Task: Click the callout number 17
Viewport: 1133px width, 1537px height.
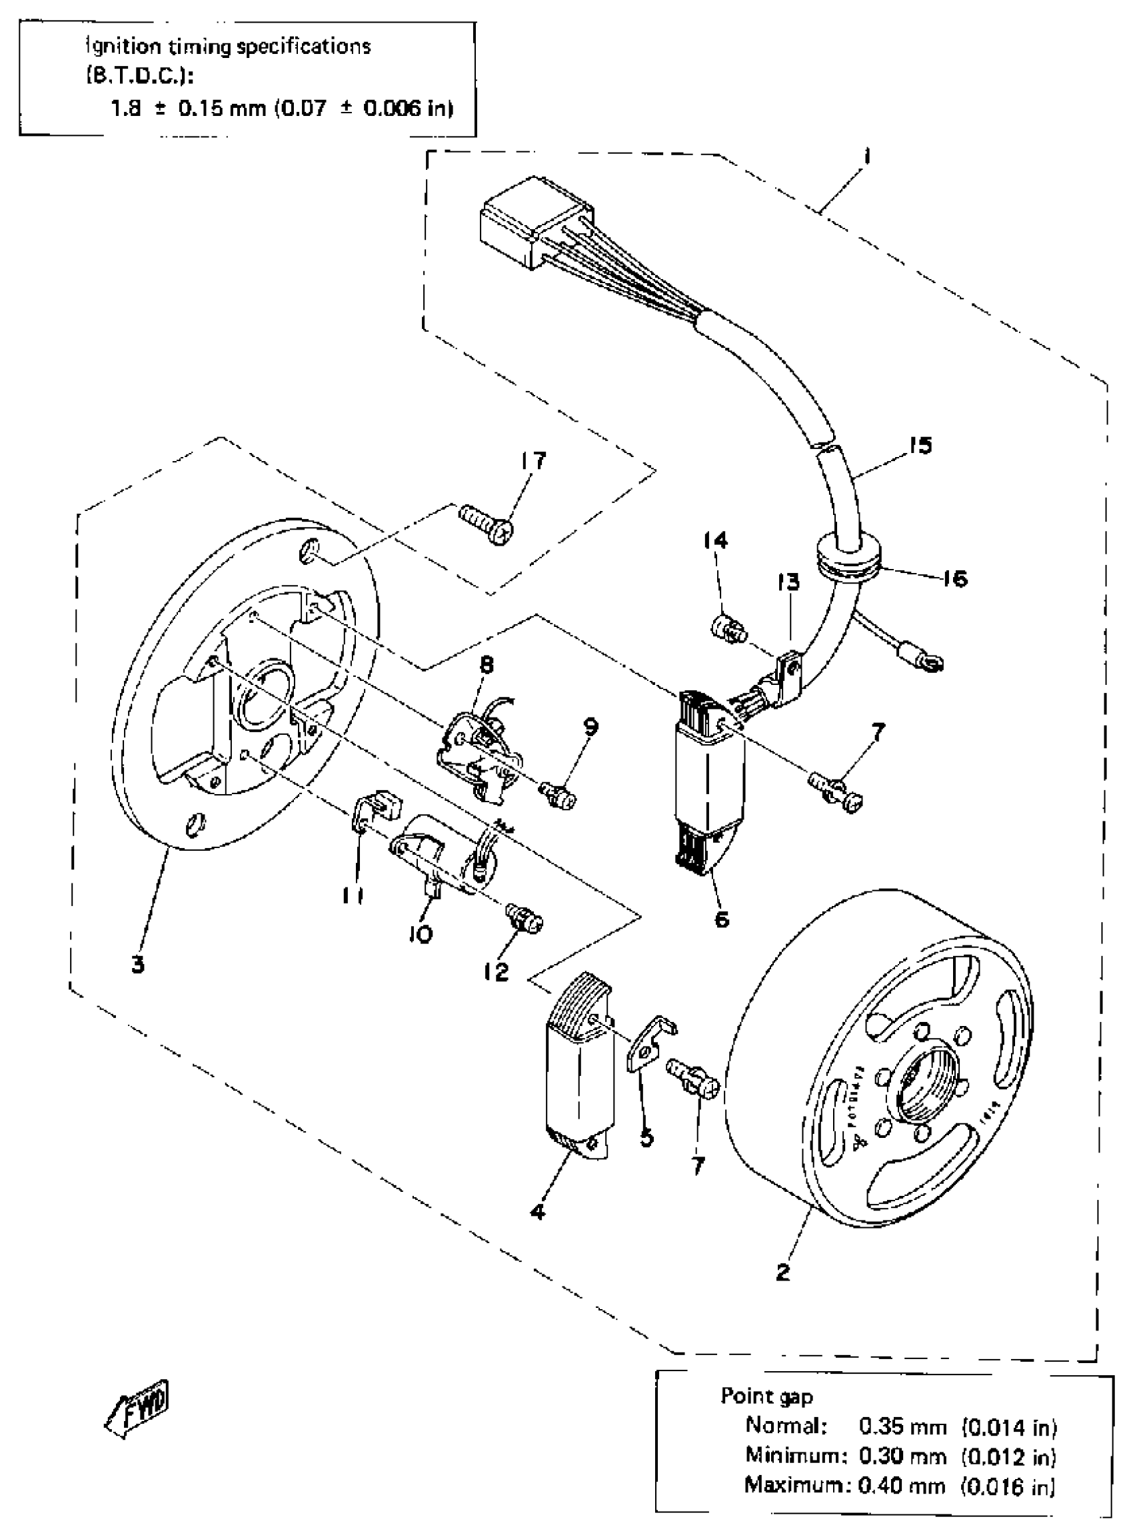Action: pyautogui.click(x=535, y=460)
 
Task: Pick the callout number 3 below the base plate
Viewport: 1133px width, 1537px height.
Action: pyautogui.click(x=138, y=965)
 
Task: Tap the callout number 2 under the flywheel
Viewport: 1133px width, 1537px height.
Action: pyautogui.click(x=783, y=1273)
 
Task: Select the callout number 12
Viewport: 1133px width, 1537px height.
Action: pyautogui.click(x=496, y=971)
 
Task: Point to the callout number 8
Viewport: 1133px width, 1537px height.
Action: pyautogui.click(x=487, y=664)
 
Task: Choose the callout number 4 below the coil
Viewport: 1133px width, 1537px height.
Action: pyautogui.click(x=539, y=1212)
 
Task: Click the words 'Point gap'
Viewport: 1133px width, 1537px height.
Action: pyautogui.click(x=766, y=1396)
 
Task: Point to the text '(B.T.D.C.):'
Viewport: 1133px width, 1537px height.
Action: pyautogui.click(x=139, y=77)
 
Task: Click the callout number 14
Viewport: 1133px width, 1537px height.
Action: pyautogui.click(x=715, y=541)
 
